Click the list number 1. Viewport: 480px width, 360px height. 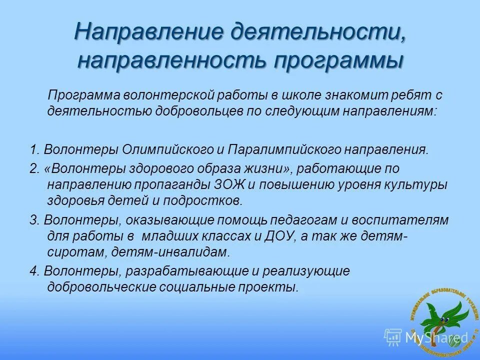[33, 149]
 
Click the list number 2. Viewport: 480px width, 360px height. [33, 168]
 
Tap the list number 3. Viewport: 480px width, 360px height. [33, 220]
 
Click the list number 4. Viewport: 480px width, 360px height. [33, 271]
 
